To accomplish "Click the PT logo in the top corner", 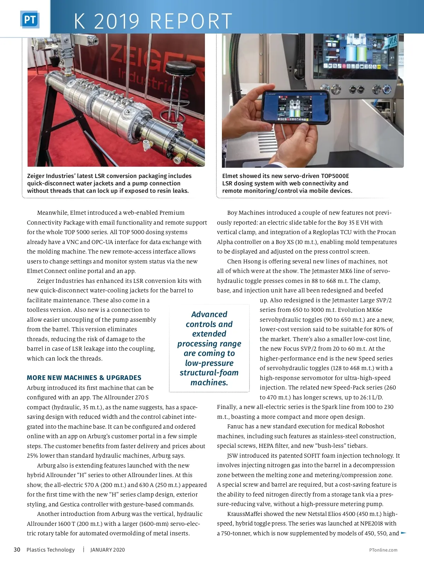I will coord(30,20).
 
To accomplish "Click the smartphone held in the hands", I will coord(295,106).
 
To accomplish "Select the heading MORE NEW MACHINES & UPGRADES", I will coord(84,377).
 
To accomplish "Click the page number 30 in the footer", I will coord(17,549).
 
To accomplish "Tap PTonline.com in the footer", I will coord(383,550).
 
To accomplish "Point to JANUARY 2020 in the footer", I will coord(107,550).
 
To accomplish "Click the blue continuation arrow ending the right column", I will coord(404,533).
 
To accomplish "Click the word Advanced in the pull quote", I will coord(209,314).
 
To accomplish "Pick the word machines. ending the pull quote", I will coord(209,382).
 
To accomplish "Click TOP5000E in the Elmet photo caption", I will coord(335,176).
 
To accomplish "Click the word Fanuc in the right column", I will coord(235,426).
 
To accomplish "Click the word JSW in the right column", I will coord(232,456).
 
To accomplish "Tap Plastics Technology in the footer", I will coord(51,550).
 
